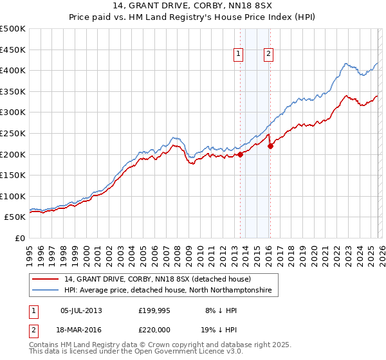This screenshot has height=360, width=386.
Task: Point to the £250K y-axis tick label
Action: [x=14, y=133]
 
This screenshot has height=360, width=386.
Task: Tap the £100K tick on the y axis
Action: [x=14, y=196]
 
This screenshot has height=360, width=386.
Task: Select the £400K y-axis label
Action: [x=14, y=70]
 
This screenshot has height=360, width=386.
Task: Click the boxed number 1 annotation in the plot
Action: [x=239, y=55]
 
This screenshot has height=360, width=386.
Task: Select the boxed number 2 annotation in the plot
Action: [x=268, y=55]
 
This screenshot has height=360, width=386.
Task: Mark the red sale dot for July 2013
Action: [x=240, y=154]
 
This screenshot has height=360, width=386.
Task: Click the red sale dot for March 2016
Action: [x=270, y=146]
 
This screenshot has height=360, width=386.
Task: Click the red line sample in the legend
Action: [x=46, y=279]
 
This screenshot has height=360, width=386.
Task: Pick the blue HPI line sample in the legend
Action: [x=46, y=291]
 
